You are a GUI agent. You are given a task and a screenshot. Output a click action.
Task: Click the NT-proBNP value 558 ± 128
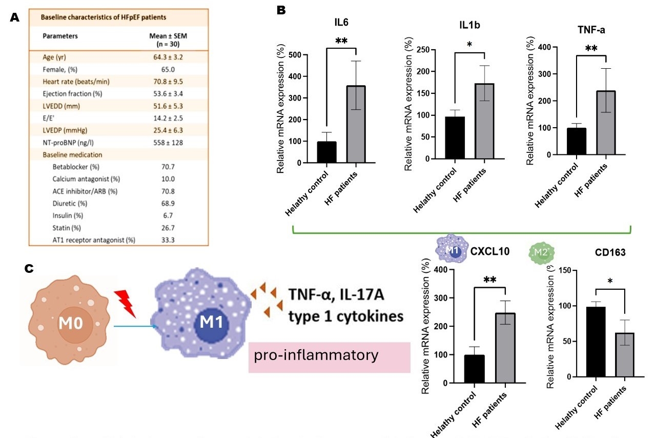[x=168, y=142]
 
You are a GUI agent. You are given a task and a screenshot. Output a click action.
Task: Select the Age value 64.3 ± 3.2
[x=168, y=56]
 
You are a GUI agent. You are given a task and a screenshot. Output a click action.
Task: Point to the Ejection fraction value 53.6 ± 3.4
[x=168, y=93]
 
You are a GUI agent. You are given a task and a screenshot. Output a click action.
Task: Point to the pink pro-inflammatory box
[x=329, y=356]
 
